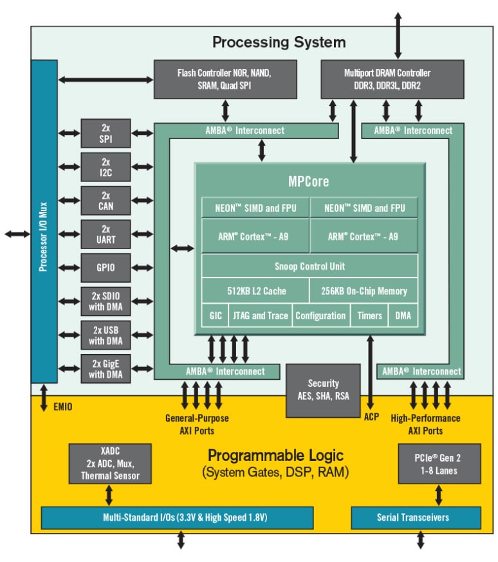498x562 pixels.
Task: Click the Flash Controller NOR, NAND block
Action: point(225,79)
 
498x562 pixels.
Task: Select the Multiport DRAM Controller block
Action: point(392,79)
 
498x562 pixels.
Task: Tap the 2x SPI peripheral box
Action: point(106,133)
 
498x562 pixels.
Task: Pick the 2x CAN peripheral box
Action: point(106,200)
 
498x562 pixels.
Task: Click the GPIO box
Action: point(106,267)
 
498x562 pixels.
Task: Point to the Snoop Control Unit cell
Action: point(309,266)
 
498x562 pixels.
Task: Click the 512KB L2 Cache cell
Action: point(255,291)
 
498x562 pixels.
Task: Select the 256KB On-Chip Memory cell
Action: point(364,291)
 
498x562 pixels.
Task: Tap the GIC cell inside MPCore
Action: point(215,315)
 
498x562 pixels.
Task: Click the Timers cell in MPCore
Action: point(369,315)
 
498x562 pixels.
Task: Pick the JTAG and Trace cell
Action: point(260,315)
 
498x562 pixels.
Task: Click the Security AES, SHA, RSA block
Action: point(323,390)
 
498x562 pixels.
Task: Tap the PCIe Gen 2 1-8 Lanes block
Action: point(439,464)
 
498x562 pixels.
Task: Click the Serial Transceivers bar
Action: point(415,518)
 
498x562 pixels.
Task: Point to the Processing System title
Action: point(279,42)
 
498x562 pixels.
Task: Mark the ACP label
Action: point(371,417)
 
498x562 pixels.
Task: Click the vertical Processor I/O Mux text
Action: point(43,221)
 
